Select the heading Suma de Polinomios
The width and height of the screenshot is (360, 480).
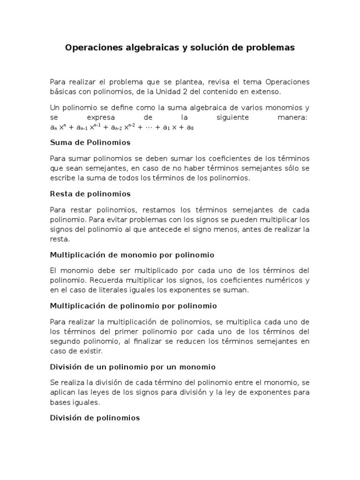(90, 142)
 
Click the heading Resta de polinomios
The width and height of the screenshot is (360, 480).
(90, 194)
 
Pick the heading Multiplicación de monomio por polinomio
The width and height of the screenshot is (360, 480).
(132, 255)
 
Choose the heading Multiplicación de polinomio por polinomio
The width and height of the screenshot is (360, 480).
(133, 306)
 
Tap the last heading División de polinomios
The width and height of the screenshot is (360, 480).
(95, 418)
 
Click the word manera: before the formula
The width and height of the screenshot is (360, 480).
(293, 117)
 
